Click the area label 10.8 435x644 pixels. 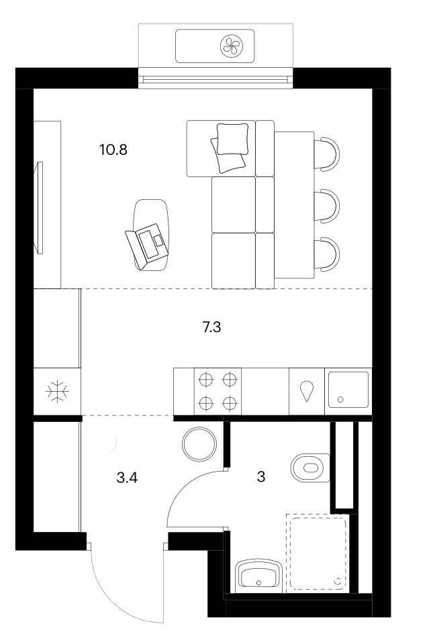[x=113, y=150]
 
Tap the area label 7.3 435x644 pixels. [x=211, y=327]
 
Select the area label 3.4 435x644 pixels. [x=127, y=478]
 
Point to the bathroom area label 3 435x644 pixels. [x=261, y=477]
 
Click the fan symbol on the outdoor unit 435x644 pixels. [x=232, y=46]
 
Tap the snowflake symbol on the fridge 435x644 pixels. [x=57, y=391]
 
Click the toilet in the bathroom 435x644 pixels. [x=310, y=468]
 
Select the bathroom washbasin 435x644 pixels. [x=258, y=576]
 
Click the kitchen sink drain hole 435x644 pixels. [x=340, y=398]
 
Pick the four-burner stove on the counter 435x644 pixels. [x=217, y=391]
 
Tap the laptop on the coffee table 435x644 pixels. [x=147, y=244]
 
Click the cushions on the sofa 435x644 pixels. [x=230, y=148]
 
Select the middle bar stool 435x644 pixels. [x=327, y=206]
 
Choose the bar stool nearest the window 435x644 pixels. [x=327, y=154]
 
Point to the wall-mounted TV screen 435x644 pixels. [x=40, y=208]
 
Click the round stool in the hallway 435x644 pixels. [x=199, y=444]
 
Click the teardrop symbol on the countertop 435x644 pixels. [x=307, y=391]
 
